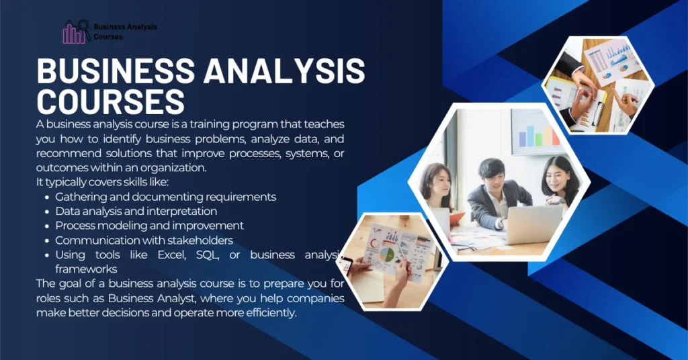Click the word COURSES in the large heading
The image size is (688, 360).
tap(111, 101)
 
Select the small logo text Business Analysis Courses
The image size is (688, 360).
tap(125, 32)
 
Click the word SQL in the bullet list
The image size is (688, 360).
tap(207, 255)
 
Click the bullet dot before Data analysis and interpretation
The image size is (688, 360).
tap(46, 212)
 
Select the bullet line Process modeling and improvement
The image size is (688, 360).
tap(149, 226)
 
